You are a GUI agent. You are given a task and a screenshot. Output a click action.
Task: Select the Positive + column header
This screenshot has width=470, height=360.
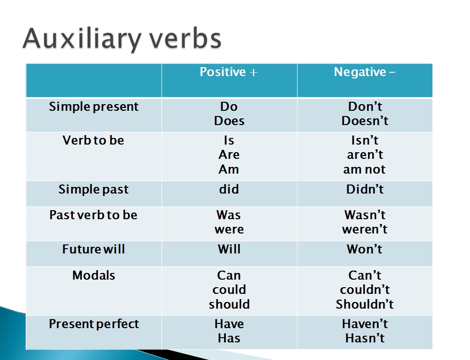click(228, 72)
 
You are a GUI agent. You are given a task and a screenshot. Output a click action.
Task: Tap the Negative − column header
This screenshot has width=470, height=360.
click(364, 72)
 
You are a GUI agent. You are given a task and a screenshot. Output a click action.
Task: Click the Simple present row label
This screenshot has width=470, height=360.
click(94, 107)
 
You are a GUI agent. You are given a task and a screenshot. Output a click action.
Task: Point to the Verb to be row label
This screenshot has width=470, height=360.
click(93, 140)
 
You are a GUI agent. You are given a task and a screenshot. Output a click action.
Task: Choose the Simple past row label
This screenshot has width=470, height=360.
click(94, 189)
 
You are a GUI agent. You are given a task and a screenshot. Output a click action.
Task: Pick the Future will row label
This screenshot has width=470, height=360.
click(94, 249)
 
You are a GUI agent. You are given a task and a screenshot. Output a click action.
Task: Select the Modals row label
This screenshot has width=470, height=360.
click(94, 275)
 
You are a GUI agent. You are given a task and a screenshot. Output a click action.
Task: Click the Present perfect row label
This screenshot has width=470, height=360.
click(94, 324)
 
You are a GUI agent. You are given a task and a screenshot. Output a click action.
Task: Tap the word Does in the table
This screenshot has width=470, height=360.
click(229, 121)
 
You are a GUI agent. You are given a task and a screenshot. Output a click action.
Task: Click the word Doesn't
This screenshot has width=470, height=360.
click(365, 121)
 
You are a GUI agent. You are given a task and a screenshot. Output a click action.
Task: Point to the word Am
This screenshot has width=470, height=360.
click(229, 169)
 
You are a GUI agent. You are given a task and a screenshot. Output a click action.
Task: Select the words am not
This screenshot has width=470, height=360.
click(364, 169)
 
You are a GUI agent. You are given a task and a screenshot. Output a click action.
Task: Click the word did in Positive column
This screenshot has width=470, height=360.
click(229, 189)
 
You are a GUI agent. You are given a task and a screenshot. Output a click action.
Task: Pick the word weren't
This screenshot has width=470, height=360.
click(365, 229)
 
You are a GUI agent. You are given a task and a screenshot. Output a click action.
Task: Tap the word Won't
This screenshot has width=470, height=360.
click(365, 249)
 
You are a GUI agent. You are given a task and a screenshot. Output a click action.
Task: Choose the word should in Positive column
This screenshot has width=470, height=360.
click(229, 304)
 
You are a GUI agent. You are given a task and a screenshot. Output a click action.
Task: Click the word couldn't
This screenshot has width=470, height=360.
click(365, 290)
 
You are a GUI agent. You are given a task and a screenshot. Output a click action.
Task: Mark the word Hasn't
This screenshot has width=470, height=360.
click(365, 338)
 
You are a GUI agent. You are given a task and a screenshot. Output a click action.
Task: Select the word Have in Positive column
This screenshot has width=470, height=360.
click(229, 324)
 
